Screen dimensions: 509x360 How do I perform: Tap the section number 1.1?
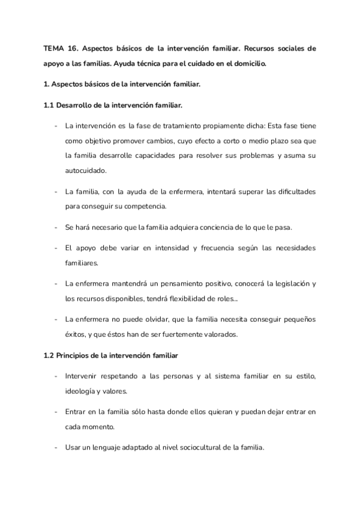click(49, 106)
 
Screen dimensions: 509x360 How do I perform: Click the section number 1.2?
click(49, 355)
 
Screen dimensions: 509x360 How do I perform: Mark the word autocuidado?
click(85, 170)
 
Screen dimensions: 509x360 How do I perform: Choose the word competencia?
click(144, 206)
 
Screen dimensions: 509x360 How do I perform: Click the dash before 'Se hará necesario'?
click(56, 227)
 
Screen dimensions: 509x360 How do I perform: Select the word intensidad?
click(175, 248)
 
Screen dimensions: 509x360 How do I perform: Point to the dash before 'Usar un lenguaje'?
click(56, 447)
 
